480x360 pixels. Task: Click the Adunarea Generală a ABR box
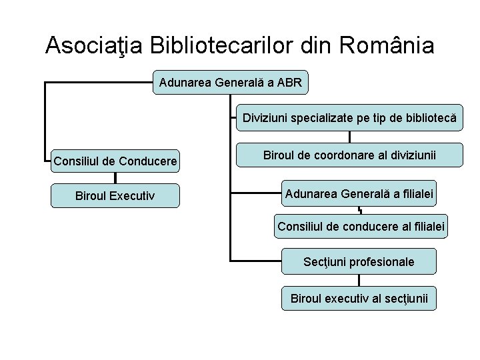point(231,83)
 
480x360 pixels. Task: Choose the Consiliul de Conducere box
point(115,161)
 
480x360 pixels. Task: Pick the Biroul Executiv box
point(115,196)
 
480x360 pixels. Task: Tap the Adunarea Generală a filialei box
point(359,194)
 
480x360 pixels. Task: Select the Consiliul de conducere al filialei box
point(361,226)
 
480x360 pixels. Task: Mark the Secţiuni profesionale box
point(359,261)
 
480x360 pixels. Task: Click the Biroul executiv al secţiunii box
point(359,297)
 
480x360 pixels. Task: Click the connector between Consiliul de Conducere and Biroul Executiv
point(115,178)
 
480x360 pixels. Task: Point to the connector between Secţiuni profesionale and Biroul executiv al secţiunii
point(359,279)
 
